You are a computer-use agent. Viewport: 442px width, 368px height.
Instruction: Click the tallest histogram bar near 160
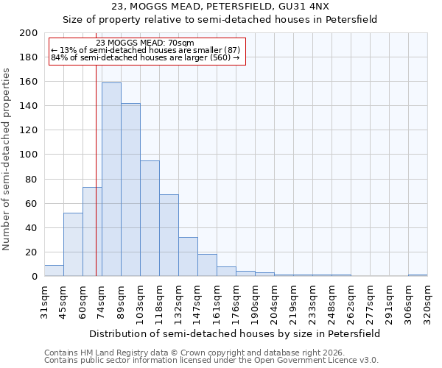pos(111,180)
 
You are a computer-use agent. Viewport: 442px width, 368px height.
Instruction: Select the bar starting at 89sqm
pos(130,190)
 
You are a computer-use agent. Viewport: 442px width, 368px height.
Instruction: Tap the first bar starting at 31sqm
pos(54,271)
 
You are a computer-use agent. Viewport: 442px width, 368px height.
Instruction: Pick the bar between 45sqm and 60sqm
pos(73,244)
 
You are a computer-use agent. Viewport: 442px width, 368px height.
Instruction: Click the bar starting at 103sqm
pos(150,219)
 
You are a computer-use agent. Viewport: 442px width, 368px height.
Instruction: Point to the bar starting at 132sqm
pos(188,257)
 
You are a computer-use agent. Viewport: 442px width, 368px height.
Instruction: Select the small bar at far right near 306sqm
pos(418,275)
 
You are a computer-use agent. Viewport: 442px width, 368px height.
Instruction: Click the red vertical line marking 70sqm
pos(96,184)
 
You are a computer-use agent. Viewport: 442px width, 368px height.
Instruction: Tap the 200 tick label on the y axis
pos(29,33)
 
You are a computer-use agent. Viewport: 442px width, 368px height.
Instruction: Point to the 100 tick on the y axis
pos(29,155)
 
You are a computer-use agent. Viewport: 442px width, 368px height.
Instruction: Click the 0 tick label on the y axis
pos(35,276)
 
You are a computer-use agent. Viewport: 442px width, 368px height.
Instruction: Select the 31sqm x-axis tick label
pos(44,300)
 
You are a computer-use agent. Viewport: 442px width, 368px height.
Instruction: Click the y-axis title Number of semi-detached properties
pos(7,159)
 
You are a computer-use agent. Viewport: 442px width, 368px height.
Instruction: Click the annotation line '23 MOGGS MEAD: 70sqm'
pos(145,43)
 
